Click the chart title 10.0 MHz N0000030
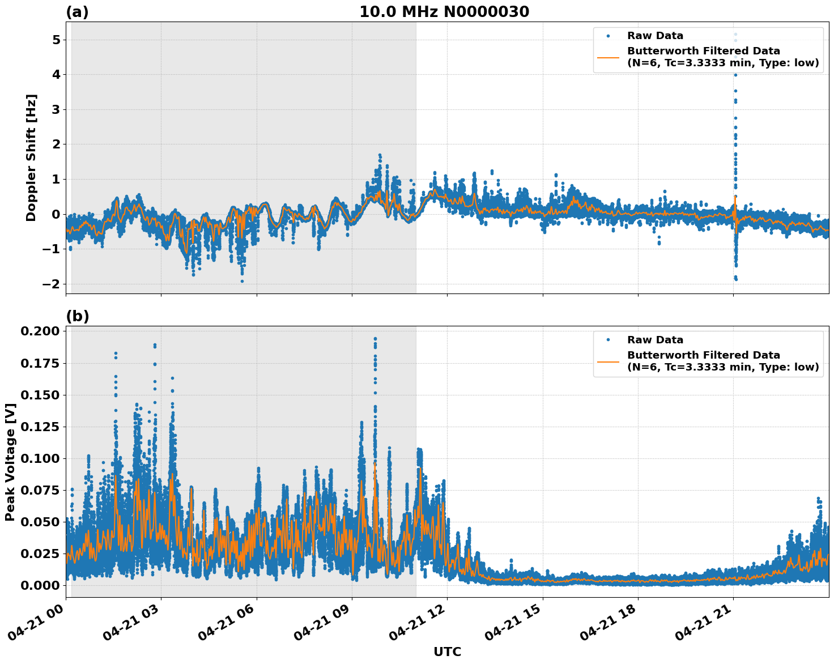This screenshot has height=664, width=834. (444, 12)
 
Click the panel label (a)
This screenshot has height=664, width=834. (77, 12)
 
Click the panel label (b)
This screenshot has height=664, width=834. (77, 316)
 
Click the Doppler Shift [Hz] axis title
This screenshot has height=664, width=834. (31, 158)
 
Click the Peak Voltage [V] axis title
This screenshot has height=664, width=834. (10, 462)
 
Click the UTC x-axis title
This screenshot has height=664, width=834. (447, 652)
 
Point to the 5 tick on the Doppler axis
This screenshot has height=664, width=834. (56, 40)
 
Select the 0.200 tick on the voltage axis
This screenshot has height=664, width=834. (40, 331)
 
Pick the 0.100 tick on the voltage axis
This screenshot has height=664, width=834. (40, 458)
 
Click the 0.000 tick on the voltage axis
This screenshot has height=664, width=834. (40, 585)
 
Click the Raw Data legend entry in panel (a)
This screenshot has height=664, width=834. (655, 36)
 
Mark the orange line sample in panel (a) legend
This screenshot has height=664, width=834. (608, 57)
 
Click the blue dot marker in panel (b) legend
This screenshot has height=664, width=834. (608, 340)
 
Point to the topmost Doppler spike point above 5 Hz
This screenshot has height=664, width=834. (735, 35)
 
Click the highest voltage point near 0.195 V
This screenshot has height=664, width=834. (375, 339)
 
